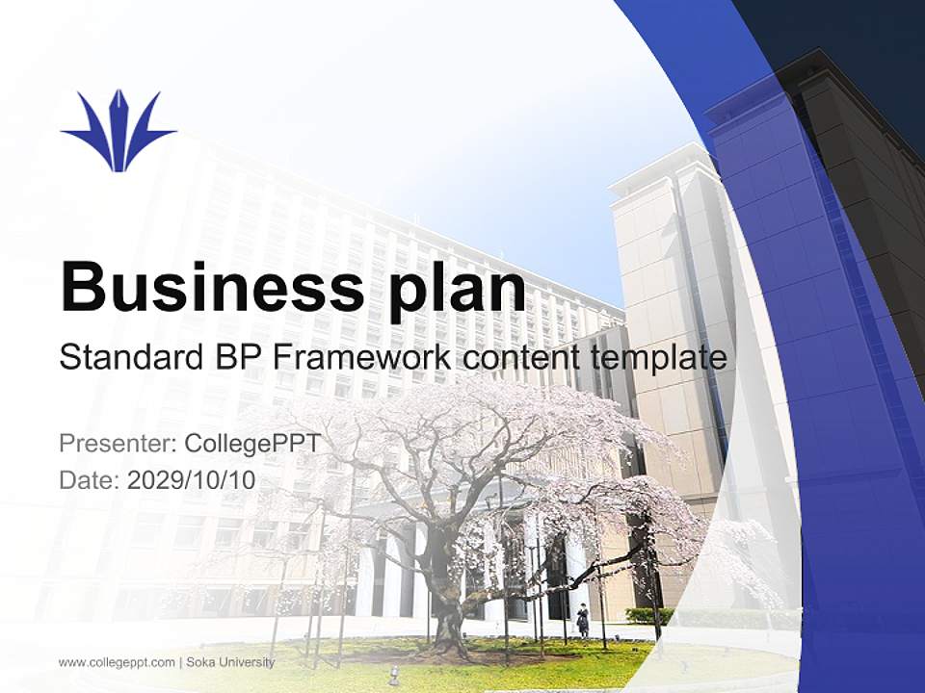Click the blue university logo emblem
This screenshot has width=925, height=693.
point(119,132)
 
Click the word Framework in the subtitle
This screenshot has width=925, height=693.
point(361,358)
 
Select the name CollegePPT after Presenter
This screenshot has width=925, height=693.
point(251,444)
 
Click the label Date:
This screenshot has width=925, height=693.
point(90,480)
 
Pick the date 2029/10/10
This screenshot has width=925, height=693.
point(192,480)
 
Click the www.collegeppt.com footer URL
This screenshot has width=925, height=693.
point(117,662)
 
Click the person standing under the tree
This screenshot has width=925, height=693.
point(582,620)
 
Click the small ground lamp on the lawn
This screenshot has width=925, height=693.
point(393,671)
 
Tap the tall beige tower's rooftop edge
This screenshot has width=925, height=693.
point(665,164)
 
